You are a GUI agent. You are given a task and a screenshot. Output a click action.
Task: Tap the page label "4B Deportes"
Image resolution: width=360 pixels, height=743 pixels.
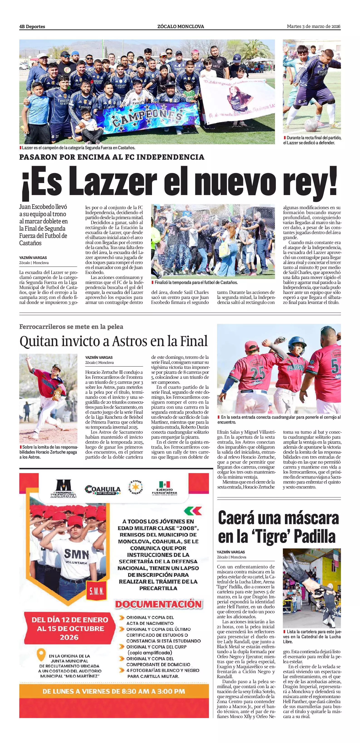click(x=32, y=27)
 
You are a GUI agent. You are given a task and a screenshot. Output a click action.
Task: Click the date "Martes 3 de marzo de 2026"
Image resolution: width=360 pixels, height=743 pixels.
click(x=313, y=27)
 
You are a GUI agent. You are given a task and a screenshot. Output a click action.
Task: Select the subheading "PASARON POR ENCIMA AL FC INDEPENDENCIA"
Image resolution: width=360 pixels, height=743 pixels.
click(x=112, y=157)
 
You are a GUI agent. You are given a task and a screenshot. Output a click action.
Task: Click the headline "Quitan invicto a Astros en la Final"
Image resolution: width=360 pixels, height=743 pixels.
click(x=113, y=341)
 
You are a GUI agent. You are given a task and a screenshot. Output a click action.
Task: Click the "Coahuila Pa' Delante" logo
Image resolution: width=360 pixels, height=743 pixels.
click(x=103, y=490)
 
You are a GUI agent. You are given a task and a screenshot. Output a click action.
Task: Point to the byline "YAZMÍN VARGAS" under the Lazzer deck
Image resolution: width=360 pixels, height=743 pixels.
click(x=33, y=258)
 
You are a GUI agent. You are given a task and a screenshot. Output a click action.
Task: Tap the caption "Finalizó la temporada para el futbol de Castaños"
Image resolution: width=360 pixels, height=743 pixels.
click(x=196, y=282)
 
